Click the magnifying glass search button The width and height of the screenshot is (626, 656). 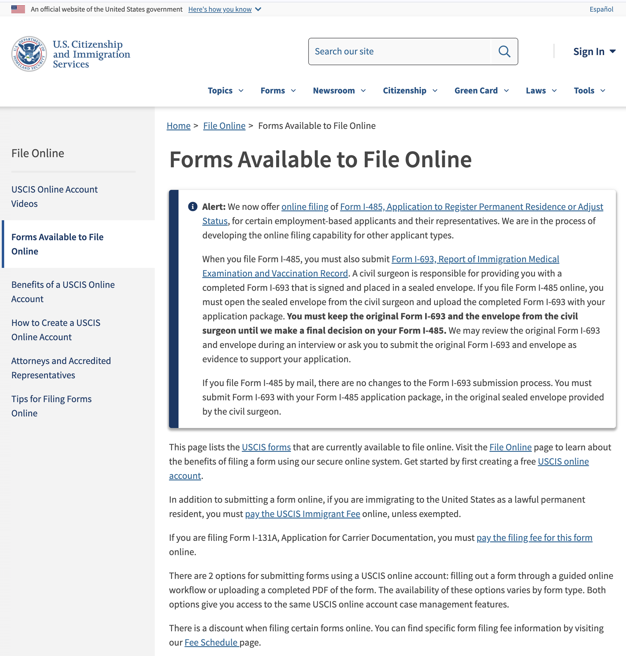coord(504,51)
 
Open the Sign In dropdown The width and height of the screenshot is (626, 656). coord(594,51)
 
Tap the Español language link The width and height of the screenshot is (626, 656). coord(601,9)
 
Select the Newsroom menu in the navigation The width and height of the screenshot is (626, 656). coord(339,90)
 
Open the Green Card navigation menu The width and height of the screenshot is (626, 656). coord(481,90)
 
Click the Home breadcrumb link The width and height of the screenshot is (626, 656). coord(179,126)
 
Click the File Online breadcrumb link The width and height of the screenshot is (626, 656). coord(224,126)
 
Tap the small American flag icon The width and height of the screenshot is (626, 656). coord(18,9)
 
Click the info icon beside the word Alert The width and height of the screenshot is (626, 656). coord(193,207)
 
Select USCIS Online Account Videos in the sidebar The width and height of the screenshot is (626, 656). coord(54,196)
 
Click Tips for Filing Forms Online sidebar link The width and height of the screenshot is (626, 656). coord(51,406)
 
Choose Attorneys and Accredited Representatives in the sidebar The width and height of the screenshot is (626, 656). coord(61,368)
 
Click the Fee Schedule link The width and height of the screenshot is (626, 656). coord(211,642)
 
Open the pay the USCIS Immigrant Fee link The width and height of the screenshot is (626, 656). coord(302,514)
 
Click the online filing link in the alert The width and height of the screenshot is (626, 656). coord(305,207)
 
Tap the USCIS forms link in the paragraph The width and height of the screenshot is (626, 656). coord(266,447)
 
